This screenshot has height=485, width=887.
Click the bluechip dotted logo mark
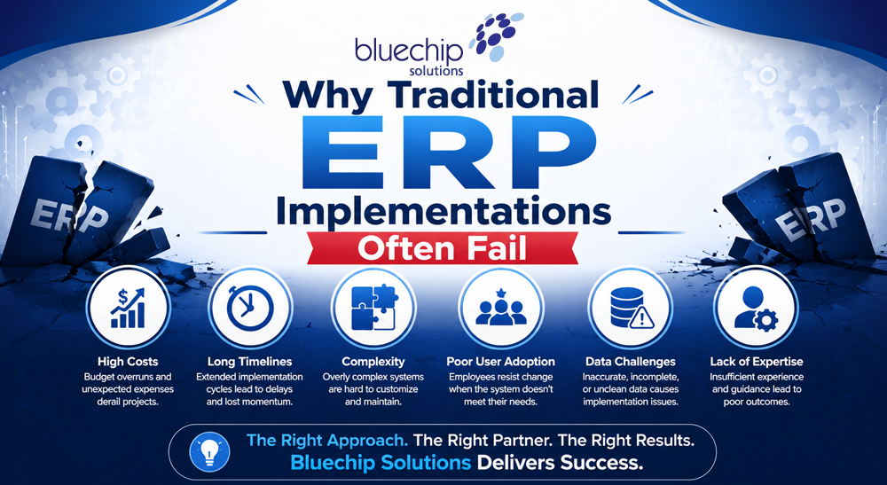point(496,36)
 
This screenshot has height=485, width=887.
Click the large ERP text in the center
point(449,152)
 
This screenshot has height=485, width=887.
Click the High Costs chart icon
point(128,308)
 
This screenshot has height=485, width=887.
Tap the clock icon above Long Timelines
point(249,308)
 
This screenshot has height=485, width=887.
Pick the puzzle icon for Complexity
point(374,308)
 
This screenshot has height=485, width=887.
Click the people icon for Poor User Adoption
point(500,309)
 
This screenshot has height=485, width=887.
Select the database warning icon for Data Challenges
point(632,308)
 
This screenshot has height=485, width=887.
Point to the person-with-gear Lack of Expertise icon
point(756,309)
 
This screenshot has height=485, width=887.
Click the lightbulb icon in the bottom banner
point(209,451)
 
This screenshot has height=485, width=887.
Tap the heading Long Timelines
point(249,362)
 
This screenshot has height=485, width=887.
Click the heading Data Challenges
point(631,362)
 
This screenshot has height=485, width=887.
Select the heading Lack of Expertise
point(757,362)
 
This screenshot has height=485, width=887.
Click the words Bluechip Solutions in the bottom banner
point(381,463)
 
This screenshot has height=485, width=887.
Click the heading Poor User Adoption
point(500,362)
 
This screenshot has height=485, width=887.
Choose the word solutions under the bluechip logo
point(436,71)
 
